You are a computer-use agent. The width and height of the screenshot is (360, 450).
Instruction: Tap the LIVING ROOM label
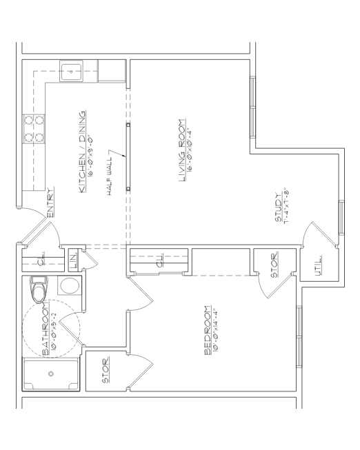[x=182, y=152]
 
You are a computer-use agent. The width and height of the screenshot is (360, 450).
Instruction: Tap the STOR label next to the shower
[x=106, y=372]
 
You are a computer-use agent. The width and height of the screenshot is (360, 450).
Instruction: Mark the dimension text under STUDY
[x=283, y=207]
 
